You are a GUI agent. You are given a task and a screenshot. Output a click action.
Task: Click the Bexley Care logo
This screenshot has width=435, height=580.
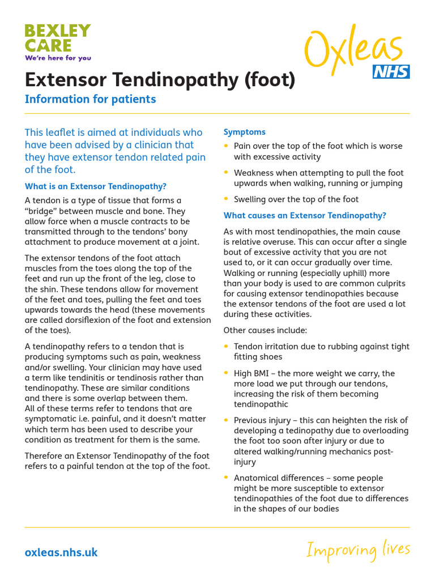pyautogui.click(x=57, y=38)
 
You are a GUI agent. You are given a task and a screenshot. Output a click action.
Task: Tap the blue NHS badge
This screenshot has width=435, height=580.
pyautogui.click(x=391, y=72)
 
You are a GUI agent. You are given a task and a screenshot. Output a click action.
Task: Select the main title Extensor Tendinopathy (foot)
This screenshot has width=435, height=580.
pyautogui.click(x=160, y=80)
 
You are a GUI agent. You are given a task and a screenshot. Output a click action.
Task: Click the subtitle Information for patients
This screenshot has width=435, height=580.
pyautogui.click(x=90, y=99)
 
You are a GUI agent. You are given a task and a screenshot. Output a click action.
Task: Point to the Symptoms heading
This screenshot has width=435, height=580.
pyautogui.click(x=245, y=132)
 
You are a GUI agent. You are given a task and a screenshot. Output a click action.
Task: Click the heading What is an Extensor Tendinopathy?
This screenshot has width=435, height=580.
pyautogui.click(x=96, y=186)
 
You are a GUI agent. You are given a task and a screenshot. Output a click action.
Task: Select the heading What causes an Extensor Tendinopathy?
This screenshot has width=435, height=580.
pyautogui.click(x=305, y=215)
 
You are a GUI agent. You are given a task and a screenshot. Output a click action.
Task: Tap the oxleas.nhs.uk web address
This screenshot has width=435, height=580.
pyautogui.click(x=61, y=552)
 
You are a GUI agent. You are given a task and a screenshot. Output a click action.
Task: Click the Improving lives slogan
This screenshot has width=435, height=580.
pyautogui.click(x=358, y=549)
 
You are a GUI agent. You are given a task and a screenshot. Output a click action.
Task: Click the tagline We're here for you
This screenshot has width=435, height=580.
pyautogui.click(x=58, y=58)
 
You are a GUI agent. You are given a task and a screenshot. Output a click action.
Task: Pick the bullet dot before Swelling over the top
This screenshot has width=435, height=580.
pyautogui.click(x=227, y=199)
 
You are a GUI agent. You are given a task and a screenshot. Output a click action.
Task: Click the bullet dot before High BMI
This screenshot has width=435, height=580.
pyautogui.click(x=227, y=373)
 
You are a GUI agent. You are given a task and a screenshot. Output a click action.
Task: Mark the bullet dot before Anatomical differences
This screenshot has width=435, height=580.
pyautogui.click(x=227, y=477)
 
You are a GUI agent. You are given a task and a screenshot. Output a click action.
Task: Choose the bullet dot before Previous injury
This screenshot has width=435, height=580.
pyautogui.click(x=227, y=420)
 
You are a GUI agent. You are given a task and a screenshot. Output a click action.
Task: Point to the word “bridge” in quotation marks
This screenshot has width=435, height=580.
pyautogui.click(x=40, y=211)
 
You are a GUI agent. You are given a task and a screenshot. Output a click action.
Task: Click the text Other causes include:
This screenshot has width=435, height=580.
pyautogui.click(x=265, y=330)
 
